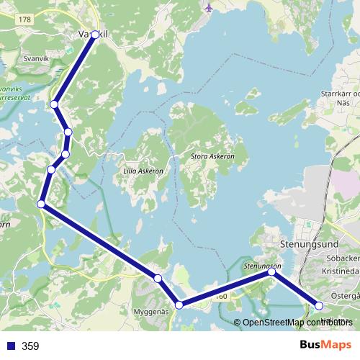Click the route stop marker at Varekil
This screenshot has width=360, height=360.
[94, 35]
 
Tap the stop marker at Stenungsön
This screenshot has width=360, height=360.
[272, 272]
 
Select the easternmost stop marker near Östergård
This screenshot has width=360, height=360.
[320, 305]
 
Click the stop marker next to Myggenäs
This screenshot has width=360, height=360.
[157, 278]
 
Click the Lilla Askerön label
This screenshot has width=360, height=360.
[141, 171]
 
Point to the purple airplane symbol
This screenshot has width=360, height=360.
[210, 8]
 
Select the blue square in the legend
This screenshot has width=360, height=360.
[10, 346]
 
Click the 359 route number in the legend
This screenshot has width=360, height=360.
[30, 346]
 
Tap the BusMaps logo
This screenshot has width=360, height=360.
[326, 345]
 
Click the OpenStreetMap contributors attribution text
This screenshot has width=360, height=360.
[297, 323]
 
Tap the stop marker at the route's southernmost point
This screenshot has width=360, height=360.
[179, 305]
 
